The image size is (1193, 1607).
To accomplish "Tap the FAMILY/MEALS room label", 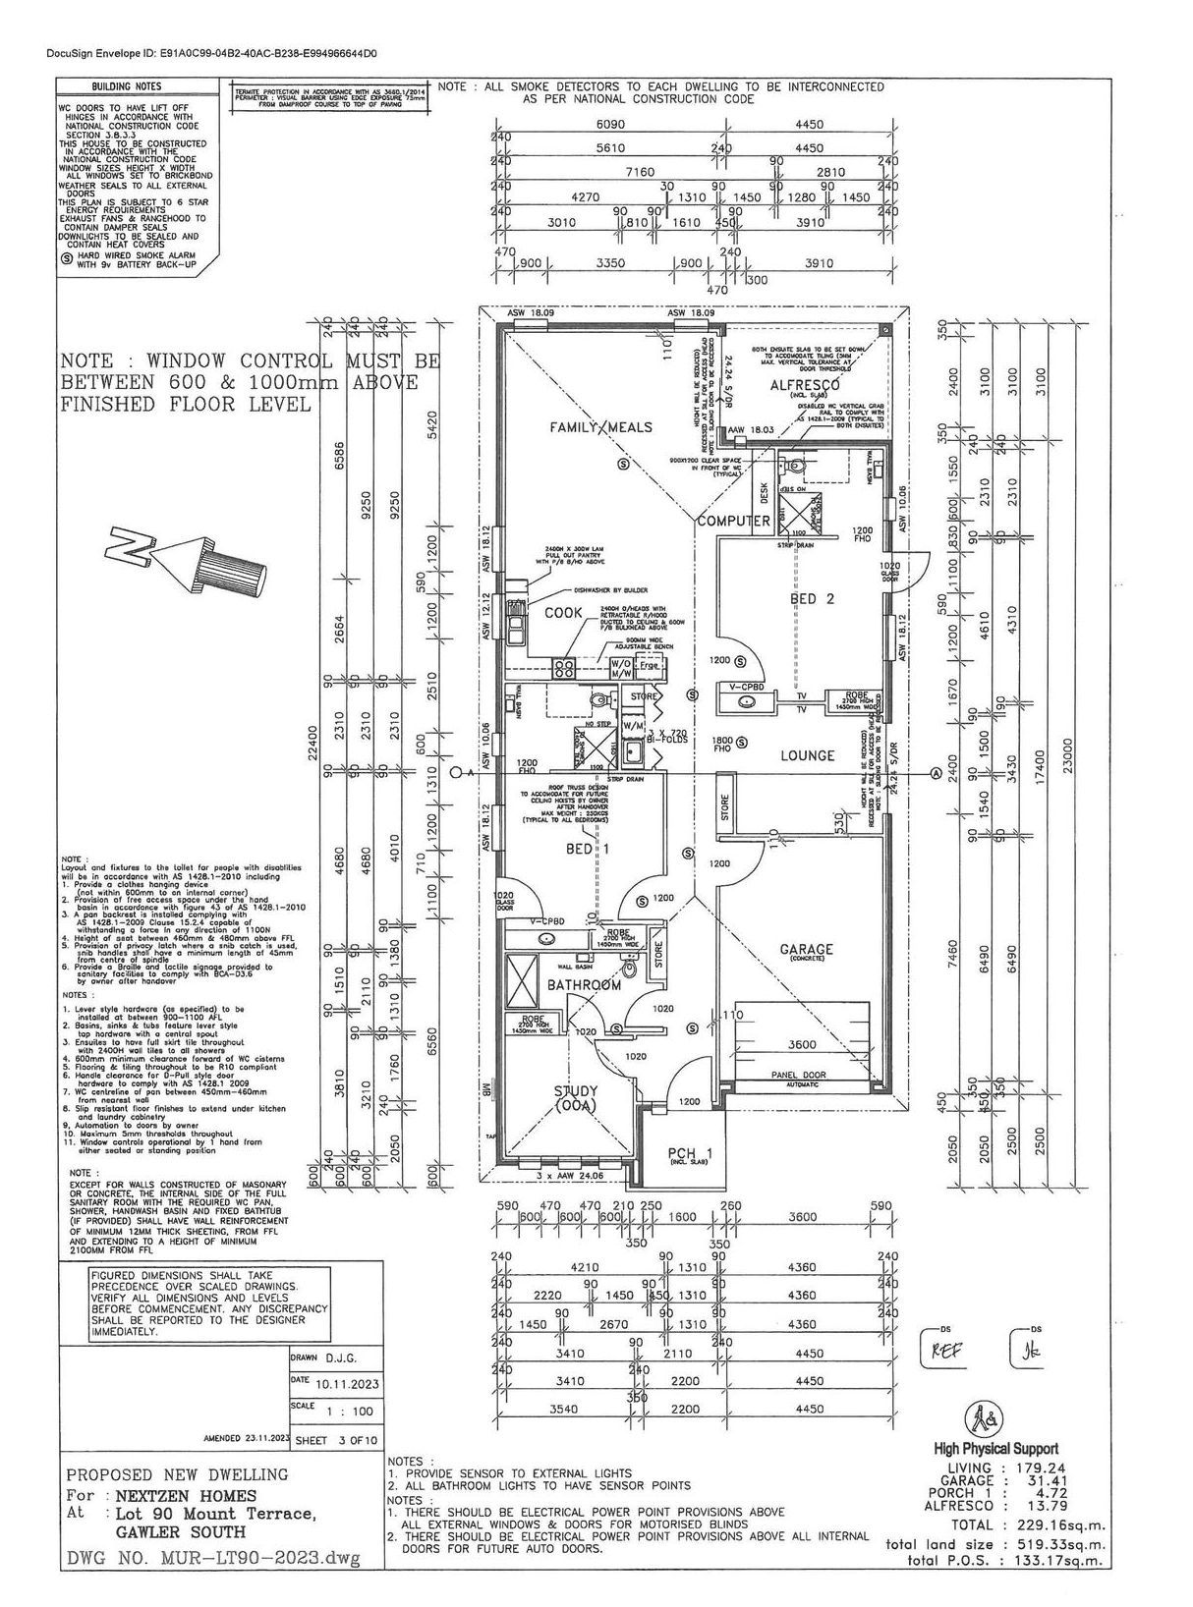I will pos(602,428).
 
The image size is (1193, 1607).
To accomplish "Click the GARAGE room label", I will pos(807,949).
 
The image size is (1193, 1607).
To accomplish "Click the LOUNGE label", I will pos(808,755).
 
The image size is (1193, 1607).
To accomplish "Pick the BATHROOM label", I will pos(584,984).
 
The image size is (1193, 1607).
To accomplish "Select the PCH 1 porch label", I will pos(689,1153).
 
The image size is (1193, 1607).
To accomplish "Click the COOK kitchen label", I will pos(564,612).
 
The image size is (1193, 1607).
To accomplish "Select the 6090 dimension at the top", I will pos(611,126).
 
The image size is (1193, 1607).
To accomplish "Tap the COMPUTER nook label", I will pos(733,521).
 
